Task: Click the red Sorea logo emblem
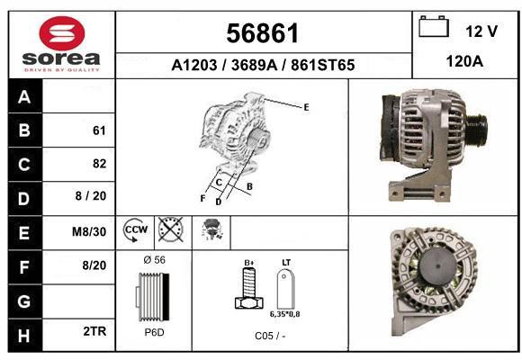click(x=62, y=33)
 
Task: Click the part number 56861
click(x=263, y=33)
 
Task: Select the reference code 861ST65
click(x=322, y=65)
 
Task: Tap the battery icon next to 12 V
click(x=434, y=26)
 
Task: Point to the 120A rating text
click(x=464, y=61)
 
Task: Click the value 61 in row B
click(x=99, y=130)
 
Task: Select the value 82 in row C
click(x=100, y=164)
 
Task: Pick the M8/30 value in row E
click(x=89, y=231)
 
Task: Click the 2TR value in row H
click(x=94, y=331)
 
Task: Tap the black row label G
click(x=24, y=301)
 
